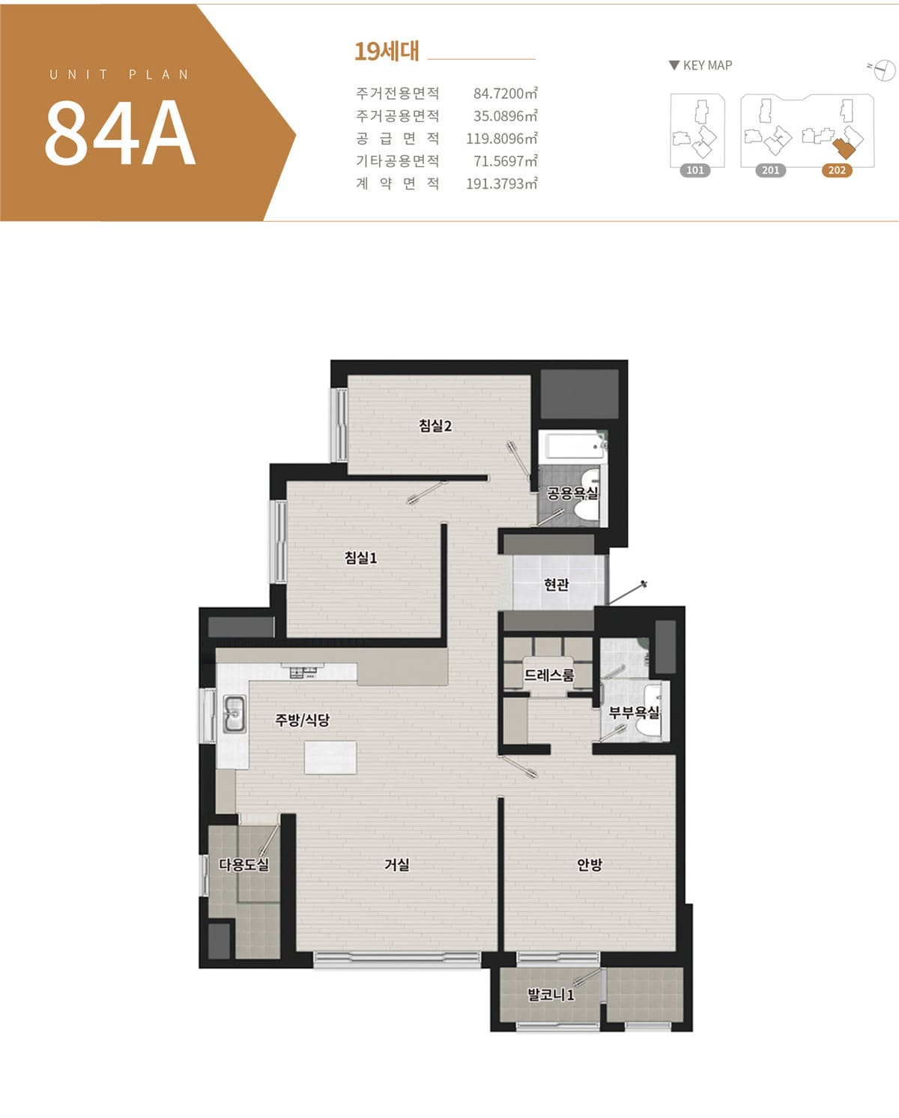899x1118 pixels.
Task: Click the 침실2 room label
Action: (435, 426)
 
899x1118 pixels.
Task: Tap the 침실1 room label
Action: (361, 558)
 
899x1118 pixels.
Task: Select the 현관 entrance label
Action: (557, 585)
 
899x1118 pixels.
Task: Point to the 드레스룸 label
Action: (548, 675)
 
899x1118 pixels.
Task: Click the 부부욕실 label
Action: (634, 712)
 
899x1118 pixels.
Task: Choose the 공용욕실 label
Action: (572, 493)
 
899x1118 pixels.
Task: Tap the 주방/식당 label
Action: (302, 720)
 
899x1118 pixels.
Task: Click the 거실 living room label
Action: (397, 864)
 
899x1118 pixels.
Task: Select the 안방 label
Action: (590, 864)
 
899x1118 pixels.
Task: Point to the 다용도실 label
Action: (244, 864)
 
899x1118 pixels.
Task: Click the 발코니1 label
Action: (551, 995)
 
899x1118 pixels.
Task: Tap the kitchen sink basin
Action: (234, 714)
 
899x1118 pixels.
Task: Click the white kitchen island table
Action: (330, 758)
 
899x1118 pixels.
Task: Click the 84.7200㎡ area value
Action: (505, 94)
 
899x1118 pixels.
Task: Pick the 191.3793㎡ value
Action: (501, 183)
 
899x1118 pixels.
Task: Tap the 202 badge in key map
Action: (837, 171)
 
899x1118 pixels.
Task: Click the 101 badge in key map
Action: (695, 171)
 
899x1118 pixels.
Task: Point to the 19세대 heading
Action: (387, 52)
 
